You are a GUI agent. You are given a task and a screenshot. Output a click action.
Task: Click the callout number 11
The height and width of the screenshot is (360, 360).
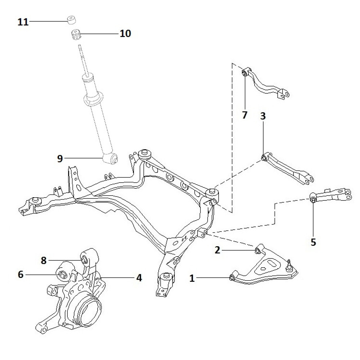pyautogui.click(x=23, y=22)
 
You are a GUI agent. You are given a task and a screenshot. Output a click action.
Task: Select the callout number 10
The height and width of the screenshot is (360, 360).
pyautogui.click(x=125, y=34)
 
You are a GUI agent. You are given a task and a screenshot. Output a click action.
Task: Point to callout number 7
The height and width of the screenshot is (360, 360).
pyautogui.click(x=245, y=115)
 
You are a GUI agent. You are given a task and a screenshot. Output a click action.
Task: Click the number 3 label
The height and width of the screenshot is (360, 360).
pyautogui.click(x=263, y=116)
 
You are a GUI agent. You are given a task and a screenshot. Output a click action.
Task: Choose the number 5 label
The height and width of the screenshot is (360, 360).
pyautogui.click(x=313, y=242)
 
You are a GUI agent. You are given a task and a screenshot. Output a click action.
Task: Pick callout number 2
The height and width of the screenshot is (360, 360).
pyautogui.click(x=217, y=250)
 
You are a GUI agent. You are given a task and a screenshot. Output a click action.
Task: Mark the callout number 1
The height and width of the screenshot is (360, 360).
pyautogui.click(x=192, y=278)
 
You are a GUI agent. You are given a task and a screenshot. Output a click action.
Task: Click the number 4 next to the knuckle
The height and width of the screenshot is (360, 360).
pyautogui.click(x=139, y=278)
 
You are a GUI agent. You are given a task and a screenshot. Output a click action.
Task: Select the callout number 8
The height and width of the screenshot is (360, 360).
pyautogui.click(x=44, y=260)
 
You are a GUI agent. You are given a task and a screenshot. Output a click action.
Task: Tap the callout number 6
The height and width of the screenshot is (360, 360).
pyautogui.click(x=20, y=275)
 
